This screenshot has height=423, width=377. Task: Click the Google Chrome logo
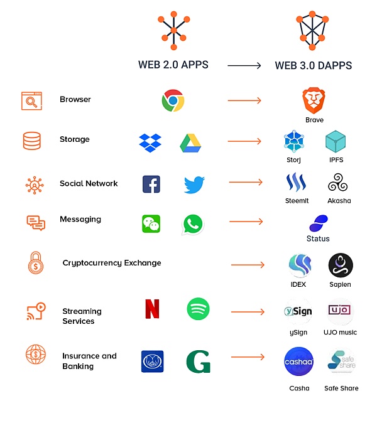point(173,100)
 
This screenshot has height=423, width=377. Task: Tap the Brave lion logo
point(314,100)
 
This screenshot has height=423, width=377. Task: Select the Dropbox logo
point(150,142)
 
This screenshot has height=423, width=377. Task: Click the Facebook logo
point(151,184)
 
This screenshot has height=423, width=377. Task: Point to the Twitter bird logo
point(194,185)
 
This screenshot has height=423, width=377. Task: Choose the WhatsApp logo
point(192,224)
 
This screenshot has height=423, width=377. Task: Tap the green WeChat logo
point(151,223)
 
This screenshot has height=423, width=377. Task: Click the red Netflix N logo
point(152,309)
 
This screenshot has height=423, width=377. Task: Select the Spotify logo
point(198,309)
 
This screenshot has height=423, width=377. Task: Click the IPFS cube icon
point(336,142)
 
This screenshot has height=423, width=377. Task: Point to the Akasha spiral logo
point(339,183)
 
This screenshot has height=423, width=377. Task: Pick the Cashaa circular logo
point(299,362)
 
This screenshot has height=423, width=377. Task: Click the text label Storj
point(293,160)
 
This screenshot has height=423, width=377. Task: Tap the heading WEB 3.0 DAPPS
point(313,65)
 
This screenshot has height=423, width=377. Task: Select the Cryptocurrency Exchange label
point(112,263)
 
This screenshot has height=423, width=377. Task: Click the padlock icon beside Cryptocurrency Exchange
point(35,264)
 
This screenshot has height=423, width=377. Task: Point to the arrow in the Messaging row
point(246,222)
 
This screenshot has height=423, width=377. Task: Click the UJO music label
point(340,332)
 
